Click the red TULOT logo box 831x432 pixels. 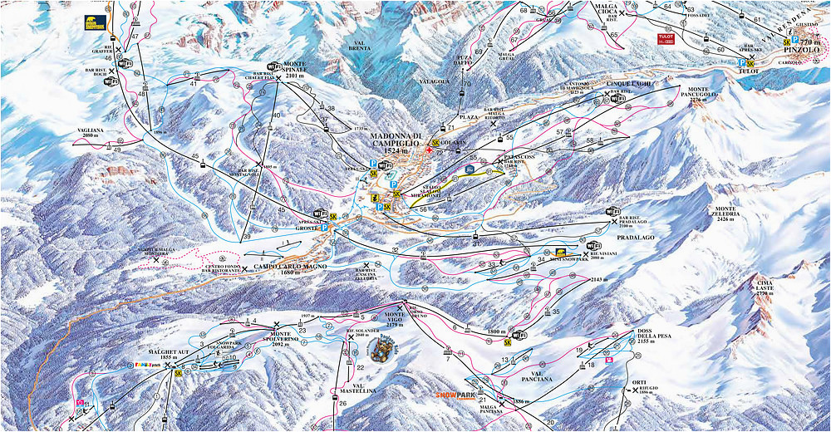[665, 39]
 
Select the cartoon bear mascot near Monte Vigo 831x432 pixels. [383, 353]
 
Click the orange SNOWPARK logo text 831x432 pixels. [458, 395]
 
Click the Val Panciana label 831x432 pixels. [537, 377]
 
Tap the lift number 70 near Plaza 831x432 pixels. [467, 84]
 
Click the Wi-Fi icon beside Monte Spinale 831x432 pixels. [273, 66]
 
